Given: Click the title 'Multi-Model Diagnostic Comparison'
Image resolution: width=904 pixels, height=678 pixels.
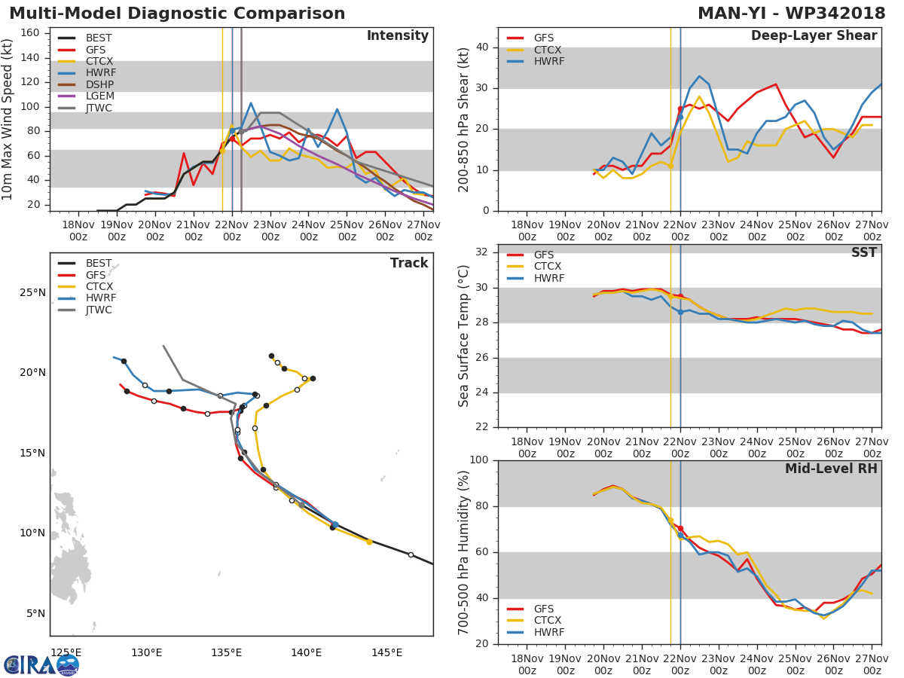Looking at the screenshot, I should (x=177, y=14).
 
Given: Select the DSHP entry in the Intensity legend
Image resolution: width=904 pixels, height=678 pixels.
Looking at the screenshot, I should (x=99, y=85).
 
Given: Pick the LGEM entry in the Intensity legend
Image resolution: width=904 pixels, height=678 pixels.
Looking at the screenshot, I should (x=99, y=96).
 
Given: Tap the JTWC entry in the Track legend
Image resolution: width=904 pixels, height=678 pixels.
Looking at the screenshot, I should (x=99, y=310).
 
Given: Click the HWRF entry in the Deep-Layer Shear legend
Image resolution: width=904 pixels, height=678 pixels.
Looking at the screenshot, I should (x=548, y=61).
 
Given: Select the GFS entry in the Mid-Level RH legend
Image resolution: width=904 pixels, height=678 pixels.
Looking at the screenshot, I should (x=543, y=609).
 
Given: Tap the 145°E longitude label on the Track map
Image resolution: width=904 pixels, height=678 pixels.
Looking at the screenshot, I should (x=386, y=652).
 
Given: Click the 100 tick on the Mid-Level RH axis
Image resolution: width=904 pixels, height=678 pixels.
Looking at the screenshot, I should (x=478, y=460).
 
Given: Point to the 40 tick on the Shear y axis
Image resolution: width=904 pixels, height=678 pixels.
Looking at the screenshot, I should (x=482, y=47).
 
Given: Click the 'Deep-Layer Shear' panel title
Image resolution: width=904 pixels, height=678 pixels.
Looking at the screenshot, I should (x=814, y=36).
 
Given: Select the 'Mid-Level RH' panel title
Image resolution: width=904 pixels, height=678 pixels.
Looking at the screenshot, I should (x=831, y=469).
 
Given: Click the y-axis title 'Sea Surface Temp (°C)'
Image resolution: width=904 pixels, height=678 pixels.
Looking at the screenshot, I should (x=464, y=336).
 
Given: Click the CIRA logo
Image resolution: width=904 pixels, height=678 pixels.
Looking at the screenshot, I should (x=41, y=664).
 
